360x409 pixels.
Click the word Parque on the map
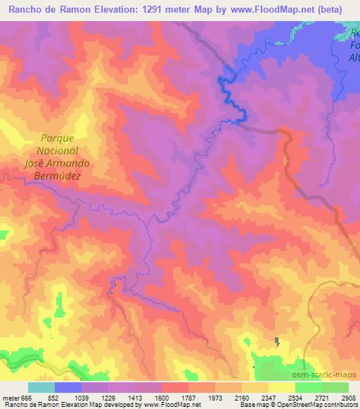[x=57, y=138]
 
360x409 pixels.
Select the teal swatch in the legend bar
[x=41, y=387]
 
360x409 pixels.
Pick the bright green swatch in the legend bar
[x=309, y=387]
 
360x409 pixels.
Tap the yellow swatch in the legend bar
[x=282, y=387]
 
